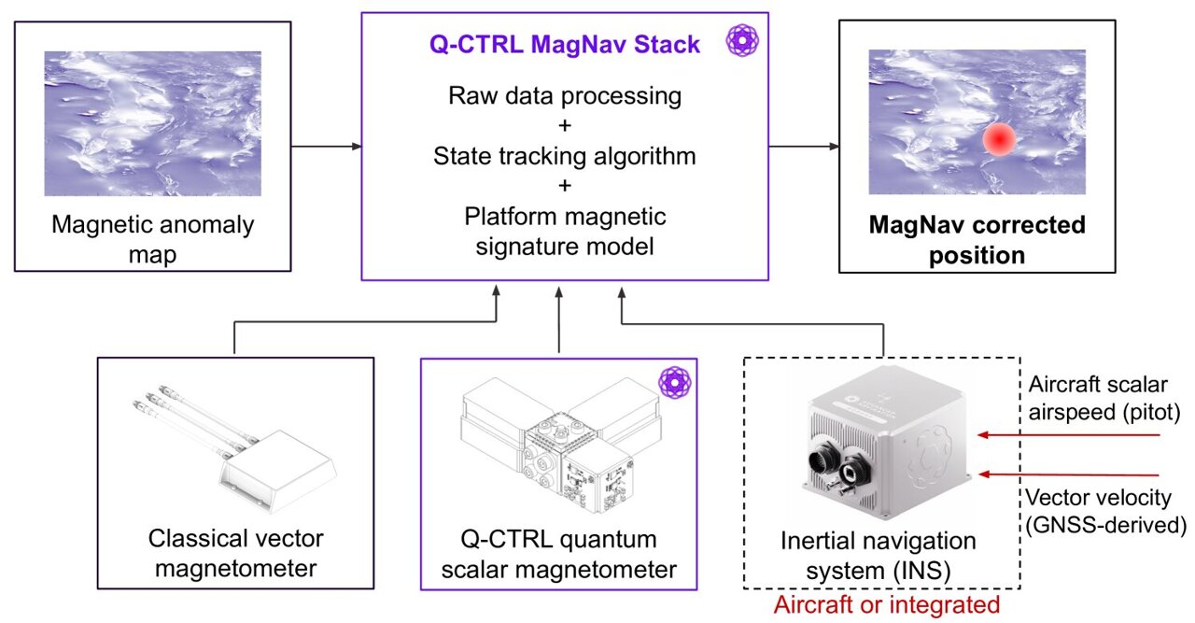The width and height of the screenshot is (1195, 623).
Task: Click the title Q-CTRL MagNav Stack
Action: click(564, 45)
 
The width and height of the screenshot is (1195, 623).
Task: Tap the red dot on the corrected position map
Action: click(999, 139)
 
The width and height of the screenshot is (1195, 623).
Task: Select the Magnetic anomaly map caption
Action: click(153, 238)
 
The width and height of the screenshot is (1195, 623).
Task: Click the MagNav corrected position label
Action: click(977, 240)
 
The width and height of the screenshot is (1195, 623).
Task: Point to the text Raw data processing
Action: click(564, 95)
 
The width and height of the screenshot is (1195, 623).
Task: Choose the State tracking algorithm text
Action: click(564, 156)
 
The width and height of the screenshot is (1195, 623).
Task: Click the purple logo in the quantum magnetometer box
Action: click(673, 382)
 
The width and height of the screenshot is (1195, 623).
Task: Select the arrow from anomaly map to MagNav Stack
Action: click(326, 146)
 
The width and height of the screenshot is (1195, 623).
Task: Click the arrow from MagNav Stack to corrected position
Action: click(803, 146)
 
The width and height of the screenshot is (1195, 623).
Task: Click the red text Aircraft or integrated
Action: click(886, 604)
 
